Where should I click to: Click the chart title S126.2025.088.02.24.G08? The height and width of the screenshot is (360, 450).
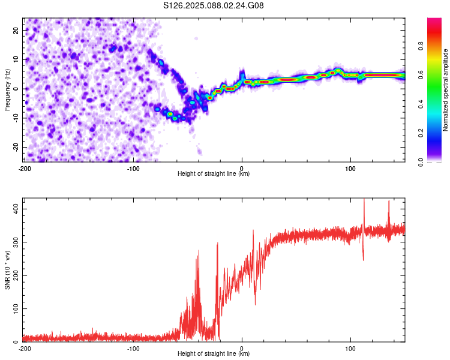pyautogui.click(x=213, y=5)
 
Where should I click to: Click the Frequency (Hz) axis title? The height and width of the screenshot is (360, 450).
pyautogui.click(x=7, y=90)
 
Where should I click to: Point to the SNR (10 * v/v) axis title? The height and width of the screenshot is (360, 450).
pyautogui.click(x=7, y=270)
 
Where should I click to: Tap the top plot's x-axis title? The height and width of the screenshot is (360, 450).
pyautogui.click(x=214, y=173)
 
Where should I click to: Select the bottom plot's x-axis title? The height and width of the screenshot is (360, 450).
pyautogui.click(x=214, y=353)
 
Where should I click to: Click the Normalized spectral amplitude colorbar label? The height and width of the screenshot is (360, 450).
pyautogui.click(x=445, y=90)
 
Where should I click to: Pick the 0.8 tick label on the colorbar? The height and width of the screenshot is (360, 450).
pyautogui.click(x=421, y=46)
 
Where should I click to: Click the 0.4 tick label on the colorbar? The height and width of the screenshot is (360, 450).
pyautogui.click(x=421, y=104)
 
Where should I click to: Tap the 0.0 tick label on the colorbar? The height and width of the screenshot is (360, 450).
pyautogui.click(x=421, y=162)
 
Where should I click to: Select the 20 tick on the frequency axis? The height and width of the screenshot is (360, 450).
pyautogui.click(x=16, y=30)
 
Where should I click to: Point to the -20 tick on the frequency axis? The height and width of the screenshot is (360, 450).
pyautogui.click(x=16, y=148)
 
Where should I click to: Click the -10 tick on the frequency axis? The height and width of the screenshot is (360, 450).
pyautogui.click(x=16, y=118)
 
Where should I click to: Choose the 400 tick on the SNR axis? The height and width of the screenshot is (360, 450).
pyautogui.click(x=16, y=209)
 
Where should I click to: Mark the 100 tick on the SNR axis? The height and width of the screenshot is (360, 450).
pyautogui.click(x=16, y=308)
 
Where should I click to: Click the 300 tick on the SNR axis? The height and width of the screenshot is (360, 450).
pyautogui.click(x=16, y=242)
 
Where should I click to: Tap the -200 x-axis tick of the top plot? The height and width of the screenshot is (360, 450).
pyautogui.click(x=25, y=169)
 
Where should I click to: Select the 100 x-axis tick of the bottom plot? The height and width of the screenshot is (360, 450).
pyautogui.click(x=350, y=349)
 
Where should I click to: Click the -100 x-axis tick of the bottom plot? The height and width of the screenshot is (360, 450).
pyautogui.click(x=133, y=349)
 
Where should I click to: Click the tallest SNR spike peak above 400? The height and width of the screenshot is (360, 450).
pyautogui.click(x=364, y=199)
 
